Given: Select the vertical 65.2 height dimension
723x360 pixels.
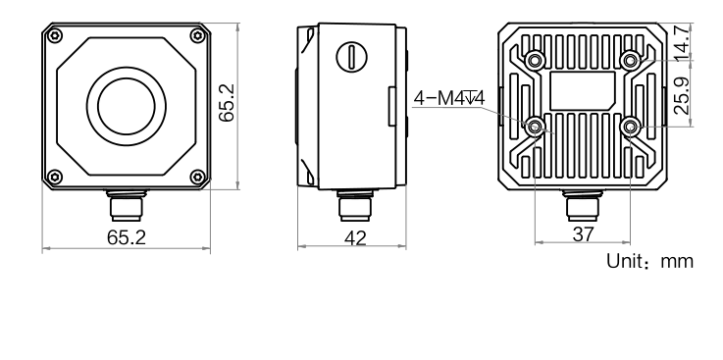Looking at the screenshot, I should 227,103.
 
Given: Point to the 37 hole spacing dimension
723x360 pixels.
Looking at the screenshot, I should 583,233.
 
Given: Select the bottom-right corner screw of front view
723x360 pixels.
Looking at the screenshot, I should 197,177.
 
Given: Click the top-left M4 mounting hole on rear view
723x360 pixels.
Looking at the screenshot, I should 535,60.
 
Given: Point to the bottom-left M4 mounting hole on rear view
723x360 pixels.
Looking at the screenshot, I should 535,127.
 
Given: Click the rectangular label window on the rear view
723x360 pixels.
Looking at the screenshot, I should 583,92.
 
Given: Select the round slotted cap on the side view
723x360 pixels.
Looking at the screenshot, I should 349,55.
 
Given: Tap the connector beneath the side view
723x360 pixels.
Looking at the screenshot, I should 349,208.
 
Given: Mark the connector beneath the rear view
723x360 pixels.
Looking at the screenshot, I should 583,208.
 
